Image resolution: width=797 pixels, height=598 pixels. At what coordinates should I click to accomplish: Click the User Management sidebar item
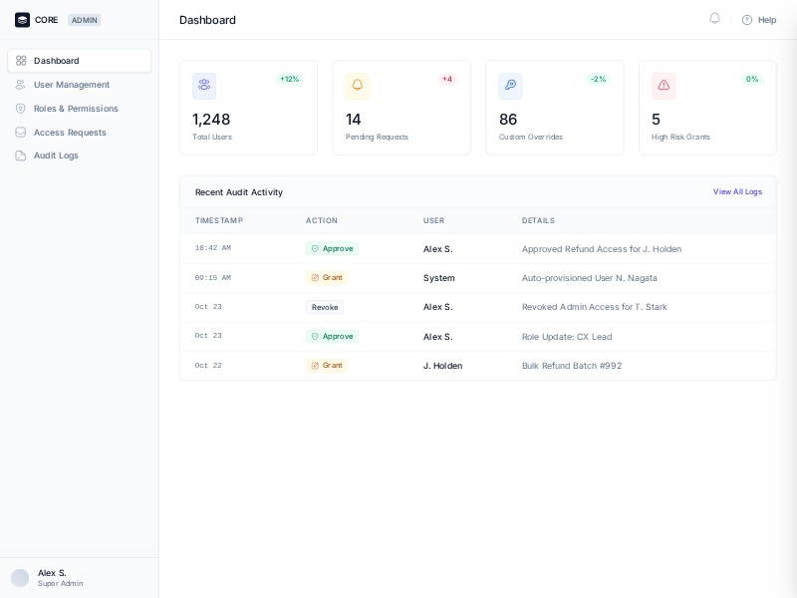click(71, 85)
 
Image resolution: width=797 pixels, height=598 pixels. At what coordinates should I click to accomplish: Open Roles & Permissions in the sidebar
click(76, 109)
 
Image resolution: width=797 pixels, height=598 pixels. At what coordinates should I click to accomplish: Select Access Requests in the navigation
click(70, 133)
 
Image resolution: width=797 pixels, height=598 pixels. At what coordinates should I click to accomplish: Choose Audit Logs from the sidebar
click(56, 155)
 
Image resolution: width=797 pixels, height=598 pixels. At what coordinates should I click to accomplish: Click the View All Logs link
click(737, 191)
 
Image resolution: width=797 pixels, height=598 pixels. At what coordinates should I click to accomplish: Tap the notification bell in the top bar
click(714, 19)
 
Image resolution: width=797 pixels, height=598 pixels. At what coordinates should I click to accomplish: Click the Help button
click(759, 20)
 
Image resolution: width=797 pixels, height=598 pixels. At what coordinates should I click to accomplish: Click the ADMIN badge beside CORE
click(85, 20)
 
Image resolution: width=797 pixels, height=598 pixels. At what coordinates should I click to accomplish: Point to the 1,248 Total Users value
click(211, 120)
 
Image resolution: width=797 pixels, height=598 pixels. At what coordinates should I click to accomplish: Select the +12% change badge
click(289, 79)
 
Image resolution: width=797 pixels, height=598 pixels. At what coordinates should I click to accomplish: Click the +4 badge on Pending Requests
click(447, 79)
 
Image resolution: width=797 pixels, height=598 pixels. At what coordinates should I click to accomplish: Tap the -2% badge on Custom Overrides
click(598, 79)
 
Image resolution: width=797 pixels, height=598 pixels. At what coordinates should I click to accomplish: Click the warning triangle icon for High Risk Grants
click(664, 86)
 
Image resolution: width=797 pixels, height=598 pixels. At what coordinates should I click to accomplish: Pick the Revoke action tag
click(325, 307)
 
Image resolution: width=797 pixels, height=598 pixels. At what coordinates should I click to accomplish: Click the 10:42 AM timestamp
click(212, 248)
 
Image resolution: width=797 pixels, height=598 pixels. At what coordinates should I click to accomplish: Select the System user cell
click(438, 278)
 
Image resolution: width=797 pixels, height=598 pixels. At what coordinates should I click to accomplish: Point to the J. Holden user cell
click(442, 366)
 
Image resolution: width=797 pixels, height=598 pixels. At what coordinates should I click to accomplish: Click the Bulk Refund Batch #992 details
click(572, 366)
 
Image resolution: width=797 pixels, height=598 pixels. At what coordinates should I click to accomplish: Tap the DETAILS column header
click(538, 220)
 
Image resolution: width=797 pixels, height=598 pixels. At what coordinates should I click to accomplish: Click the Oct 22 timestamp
click(208, 366)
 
